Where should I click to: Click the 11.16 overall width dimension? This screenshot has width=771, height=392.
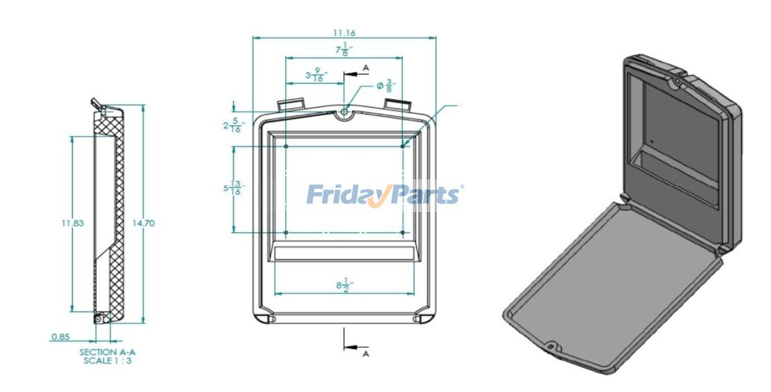coord(345,32)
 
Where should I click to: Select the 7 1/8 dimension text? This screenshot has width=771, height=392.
coord(344,50)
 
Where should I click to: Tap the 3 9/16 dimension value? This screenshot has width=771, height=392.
coord(319,74)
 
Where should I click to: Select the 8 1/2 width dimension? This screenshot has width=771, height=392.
coord(344,286)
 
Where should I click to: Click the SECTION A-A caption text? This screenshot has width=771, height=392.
coord(108,351)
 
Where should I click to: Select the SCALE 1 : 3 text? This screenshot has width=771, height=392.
coord(108,360)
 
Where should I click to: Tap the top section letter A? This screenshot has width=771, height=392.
coord(366,68)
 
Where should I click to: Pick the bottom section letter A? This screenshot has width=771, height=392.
coord(366,354)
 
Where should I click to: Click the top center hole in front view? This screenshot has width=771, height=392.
coord(344,112)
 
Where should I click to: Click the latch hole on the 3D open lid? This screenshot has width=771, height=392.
coord(551,347)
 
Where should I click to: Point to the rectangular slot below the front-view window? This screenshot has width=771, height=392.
coord(344,254)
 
